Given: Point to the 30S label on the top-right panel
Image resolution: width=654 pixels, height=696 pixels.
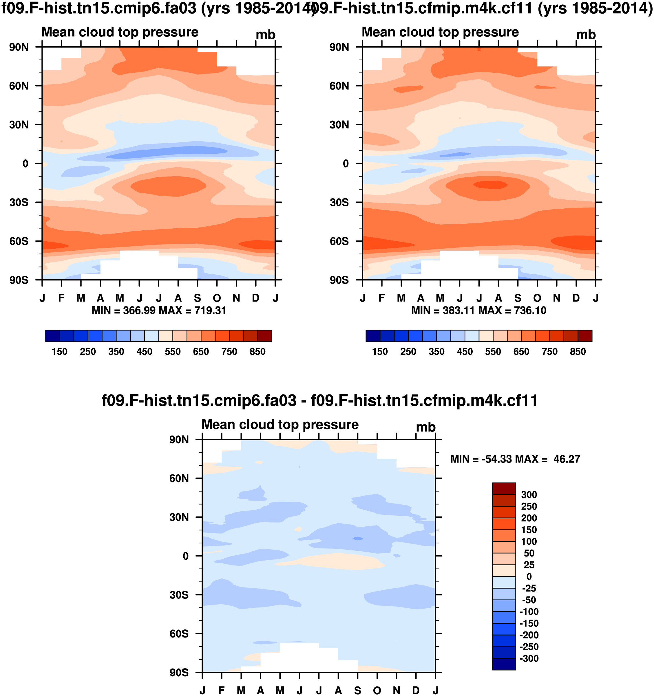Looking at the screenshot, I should click(x=339, y=203).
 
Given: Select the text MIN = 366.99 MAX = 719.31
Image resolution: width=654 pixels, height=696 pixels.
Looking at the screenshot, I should click(x=159, y=311).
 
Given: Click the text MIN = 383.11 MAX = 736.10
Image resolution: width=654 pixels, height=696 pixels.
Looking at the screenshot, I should click(x=479, y=311).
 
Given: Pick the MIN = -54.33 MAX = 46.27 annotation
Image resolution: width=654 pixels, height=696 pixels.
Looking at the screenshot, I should click(x=515, y=459).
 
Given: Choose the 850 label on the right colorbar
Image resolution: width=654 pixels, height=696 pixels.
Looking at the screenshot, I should click(x=578, y=352).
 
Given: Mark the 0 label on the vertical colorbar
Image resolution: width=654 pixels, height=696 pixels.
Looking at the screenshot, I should click(x=529, y=576).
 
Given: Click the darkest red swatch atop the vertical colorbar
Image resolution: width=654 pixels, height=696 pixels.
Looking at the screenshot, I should click(x=504, y=489).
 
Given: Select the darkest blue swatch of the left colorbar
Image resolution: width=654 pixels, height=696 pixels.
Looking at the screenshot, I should click(x=53, y=336).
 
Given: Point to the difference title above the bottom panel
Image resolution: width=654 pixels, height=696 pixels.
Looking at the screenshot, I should click(x=320, y=401).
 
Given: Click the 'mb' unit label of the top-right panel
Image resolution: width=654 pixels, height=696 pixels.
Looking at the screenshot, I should click(x=586, y=35).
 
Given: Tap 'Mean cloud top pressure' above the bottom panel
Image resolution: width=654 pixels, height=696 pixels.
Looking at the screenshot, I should click(x=280, y=424).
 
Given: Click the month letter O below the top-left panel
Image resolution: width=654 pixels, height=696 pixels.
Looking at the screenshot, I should click(x=217, y=298).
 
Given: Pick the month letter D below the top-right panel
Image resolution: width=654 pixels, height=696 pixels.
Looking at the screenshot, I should click(x=576, y=298).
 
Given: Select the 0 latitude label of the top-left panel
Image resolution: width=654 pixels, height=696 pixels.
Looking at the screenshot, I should click(x=25, y=164).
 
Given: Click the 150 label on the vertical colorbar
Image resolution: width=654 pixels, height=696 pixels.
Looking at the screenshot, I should click(x=529, y=530).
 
